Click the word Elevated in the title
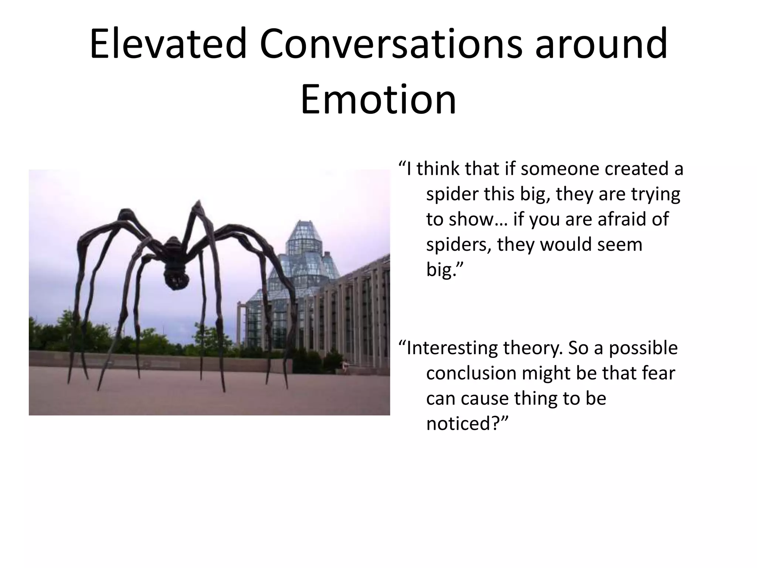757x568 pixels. coord(168,44)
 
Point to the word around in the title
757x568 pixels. coord(601,44)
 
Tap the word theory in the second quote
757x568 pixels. coord(532,348)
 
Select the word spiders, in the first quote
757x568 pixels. coord(459,244)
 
